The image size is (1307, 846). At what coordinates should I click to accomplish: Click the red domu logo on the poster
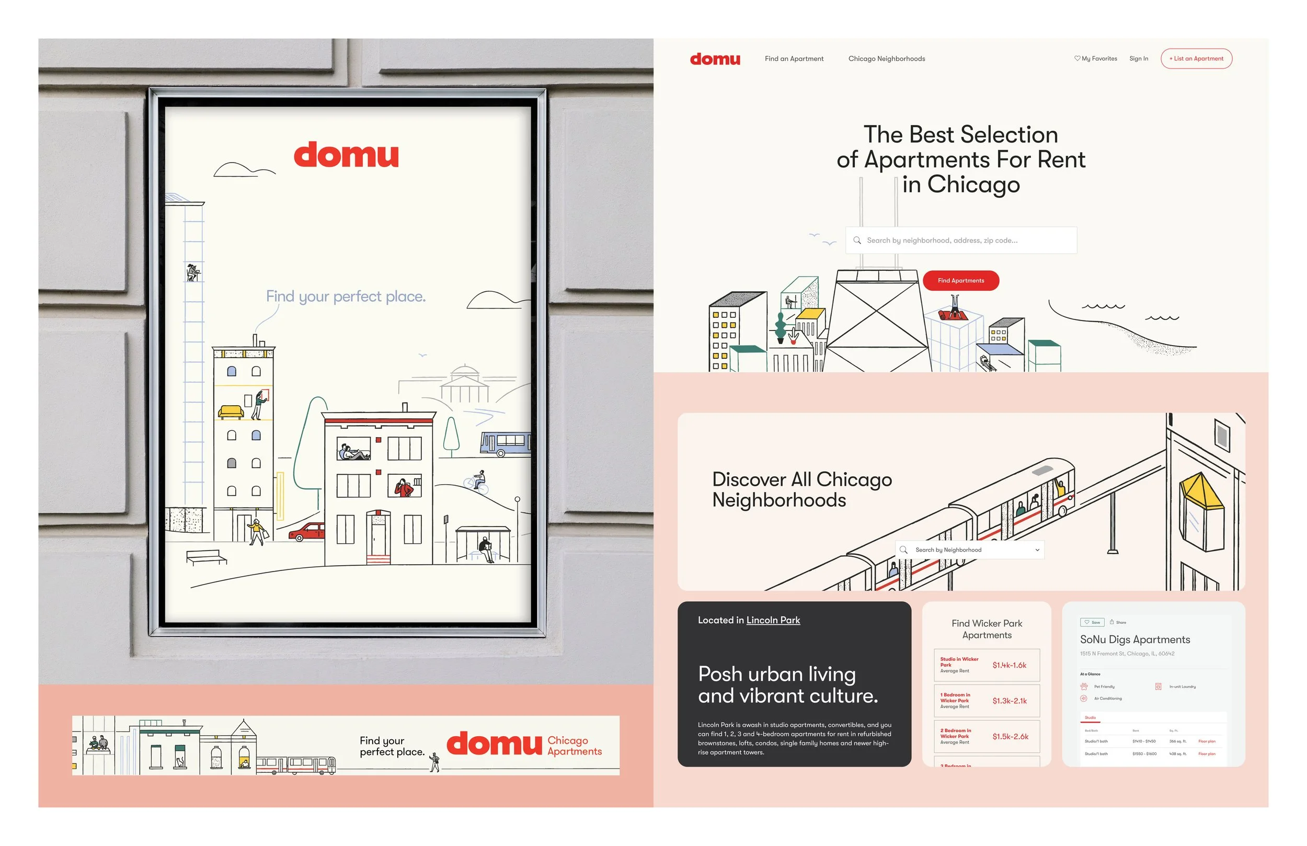point(346,155)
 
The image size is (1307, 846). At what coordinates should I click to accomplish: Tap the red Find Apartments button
point(960,281)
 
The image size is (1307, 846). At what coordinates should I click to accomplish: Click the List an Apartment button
point(1196,59)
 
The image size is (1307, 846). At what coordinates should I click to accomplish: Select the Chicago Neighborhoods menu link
point(886,59)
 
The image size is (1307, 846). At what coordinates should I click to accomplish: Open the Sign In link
point(1139,59)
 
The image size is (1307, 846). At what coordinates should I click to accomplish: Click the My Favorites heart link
point(1096,59)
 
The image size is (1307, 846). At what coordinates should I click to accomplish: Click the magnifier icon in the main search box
point(857,240)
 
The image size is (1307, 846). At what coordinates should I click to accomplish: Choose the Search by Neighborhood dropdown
point(970,550)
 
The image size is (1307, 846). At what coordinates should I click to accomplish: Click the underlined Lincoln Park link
point(773,620)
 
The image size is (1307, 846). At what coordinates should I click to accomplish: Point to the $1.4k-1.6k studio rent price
point(1010,665)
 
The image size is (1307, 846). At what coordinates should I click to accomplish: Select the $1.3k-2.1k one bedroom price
point(1010,701)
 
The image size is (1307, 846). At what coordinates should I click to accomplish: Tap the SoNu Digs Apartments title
point(1134,639)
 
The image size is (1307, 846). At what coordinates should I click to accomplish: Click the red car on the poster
point(307,532)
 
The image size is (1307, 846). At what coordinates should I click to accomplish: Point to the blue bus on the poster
point(505,444)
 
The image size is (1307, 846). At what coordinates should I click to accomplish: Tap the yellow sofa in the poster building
point(231,411)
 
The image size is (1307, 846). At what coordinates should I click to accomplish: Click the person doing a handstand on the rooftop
point(955,306)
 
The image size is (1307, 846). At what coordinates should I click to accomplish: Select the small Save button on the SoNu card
point(1092,622)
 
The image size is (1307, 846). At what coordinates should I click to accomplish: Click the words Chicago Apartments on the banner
point(575,746)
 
